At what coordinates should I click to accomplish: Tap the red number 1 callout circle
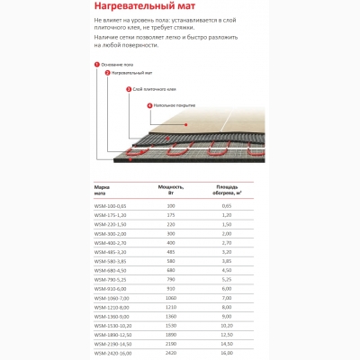click(96, 64)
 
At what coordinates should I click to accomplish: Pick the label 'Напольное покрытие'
click(172, 105)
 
